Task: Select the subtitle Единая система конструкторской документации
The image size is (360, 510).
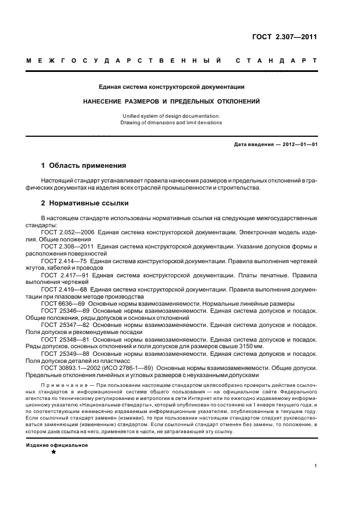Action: (172, 86)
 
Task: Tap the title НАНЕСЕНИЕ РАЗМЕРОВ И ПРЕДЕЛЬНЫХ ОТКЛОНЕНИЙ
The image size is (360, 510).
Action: (172, 101)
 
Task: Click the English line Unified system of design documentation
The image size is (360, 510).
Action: (172, 116)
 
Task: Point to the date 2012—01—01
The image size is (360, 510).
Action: (298, 144)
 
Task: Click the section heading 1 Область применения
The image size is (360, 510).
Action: (84, 165)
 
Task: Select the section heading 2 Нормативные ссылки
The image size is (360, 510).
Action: (85, 203)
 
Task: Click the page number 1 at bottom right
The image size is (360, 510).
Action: (316, 466)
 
